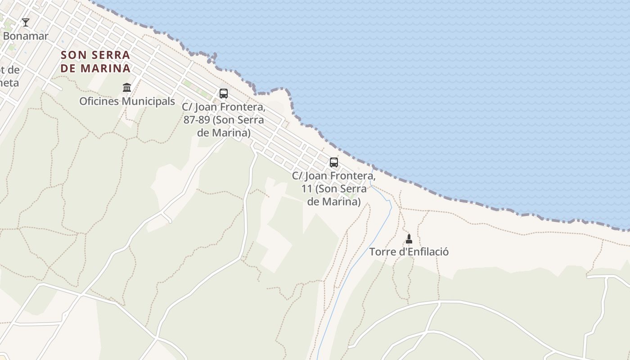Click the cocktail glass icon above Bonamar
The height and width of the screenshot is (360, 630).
point(26,22)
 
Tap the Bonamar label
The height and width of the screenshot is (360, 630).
point(26,36)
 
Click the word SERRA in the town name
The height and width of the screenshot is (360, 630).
point(108,55)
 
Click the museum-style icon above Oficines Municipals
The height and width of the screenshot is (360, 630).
point(127,87)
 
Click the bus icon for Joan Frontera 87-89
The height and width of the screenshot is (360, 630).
point(224,93)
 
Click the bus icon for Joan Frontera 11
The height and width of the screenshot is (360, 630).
point(333,162)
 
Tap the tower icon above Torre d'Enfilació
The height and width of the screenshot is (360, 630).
point(409,238)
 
